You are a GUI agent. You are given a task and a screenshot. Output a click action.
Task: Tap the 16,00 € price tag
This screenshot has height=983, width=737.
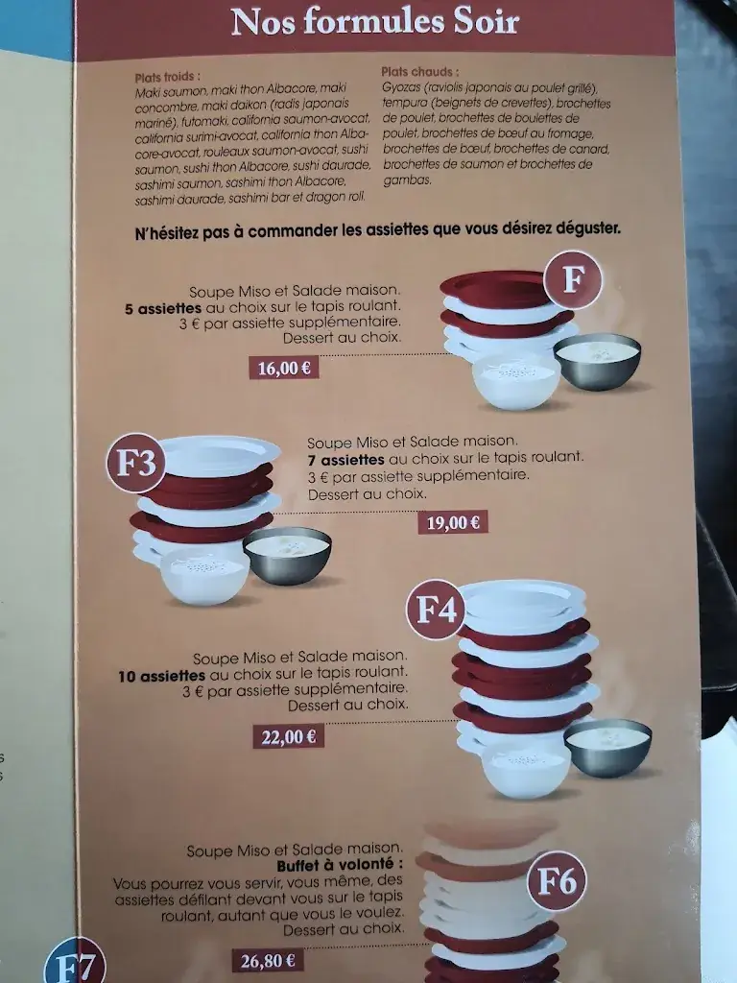[283, 367]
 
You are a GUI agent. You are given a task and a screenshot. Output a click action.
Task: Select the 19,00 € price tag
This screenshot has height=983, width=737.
[453, 523]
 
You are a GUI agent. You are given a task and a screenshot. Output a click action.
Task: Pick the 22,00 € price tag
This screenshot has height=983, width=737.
[288, 737]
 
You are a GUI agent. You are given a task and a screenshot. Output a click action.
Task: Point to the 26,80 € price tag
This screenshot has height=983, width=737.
[266, 959]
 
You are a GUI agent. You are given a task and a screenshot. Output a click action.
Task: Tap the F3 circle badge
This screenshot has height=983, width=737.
[135, 466]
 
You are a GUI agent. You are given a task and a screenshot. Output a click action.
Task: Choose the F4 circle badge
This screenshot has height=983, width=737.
[436, 609]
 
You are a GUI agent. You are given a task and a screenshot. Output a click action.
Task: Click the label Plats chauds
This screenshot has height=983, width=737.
[419, 72]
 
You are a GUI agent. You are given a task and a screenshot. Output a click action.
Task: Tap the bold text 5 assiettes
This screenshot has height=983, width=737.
[163, 309]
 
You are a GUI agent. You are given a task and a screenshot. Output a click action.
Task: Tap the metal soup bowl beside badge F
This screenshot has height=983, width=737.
[597, 360]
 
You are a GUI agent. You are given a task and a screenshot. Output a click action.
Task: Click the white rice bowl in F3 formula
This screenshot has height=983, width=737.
[203, 573]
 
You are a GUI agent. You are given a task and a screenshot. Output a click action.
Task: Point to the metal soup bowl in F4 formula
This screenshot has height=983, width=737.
[607, 746]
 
